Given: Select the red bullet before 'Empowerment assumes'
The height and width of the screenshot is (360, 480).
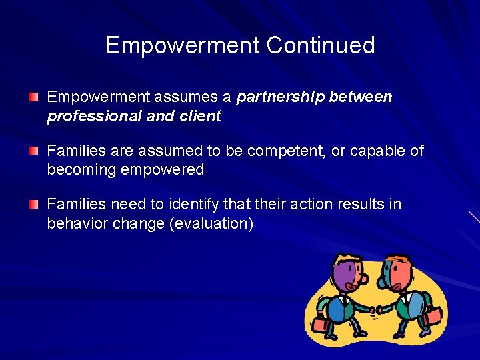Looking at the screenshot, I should pos(34,97).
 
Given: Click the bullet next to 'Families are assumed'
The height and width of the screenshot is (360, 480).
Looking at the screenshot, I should pos(34,151).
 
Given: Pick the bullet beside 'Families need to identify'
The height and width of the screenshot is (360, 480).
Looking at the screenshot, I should pos(34,205).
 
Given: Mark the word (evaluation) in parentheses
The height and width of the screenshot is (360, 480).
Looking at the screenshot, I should pos(211,223).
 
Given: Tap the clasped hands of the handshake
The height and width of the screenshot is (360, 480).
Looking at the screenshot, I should pos(375,309).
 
